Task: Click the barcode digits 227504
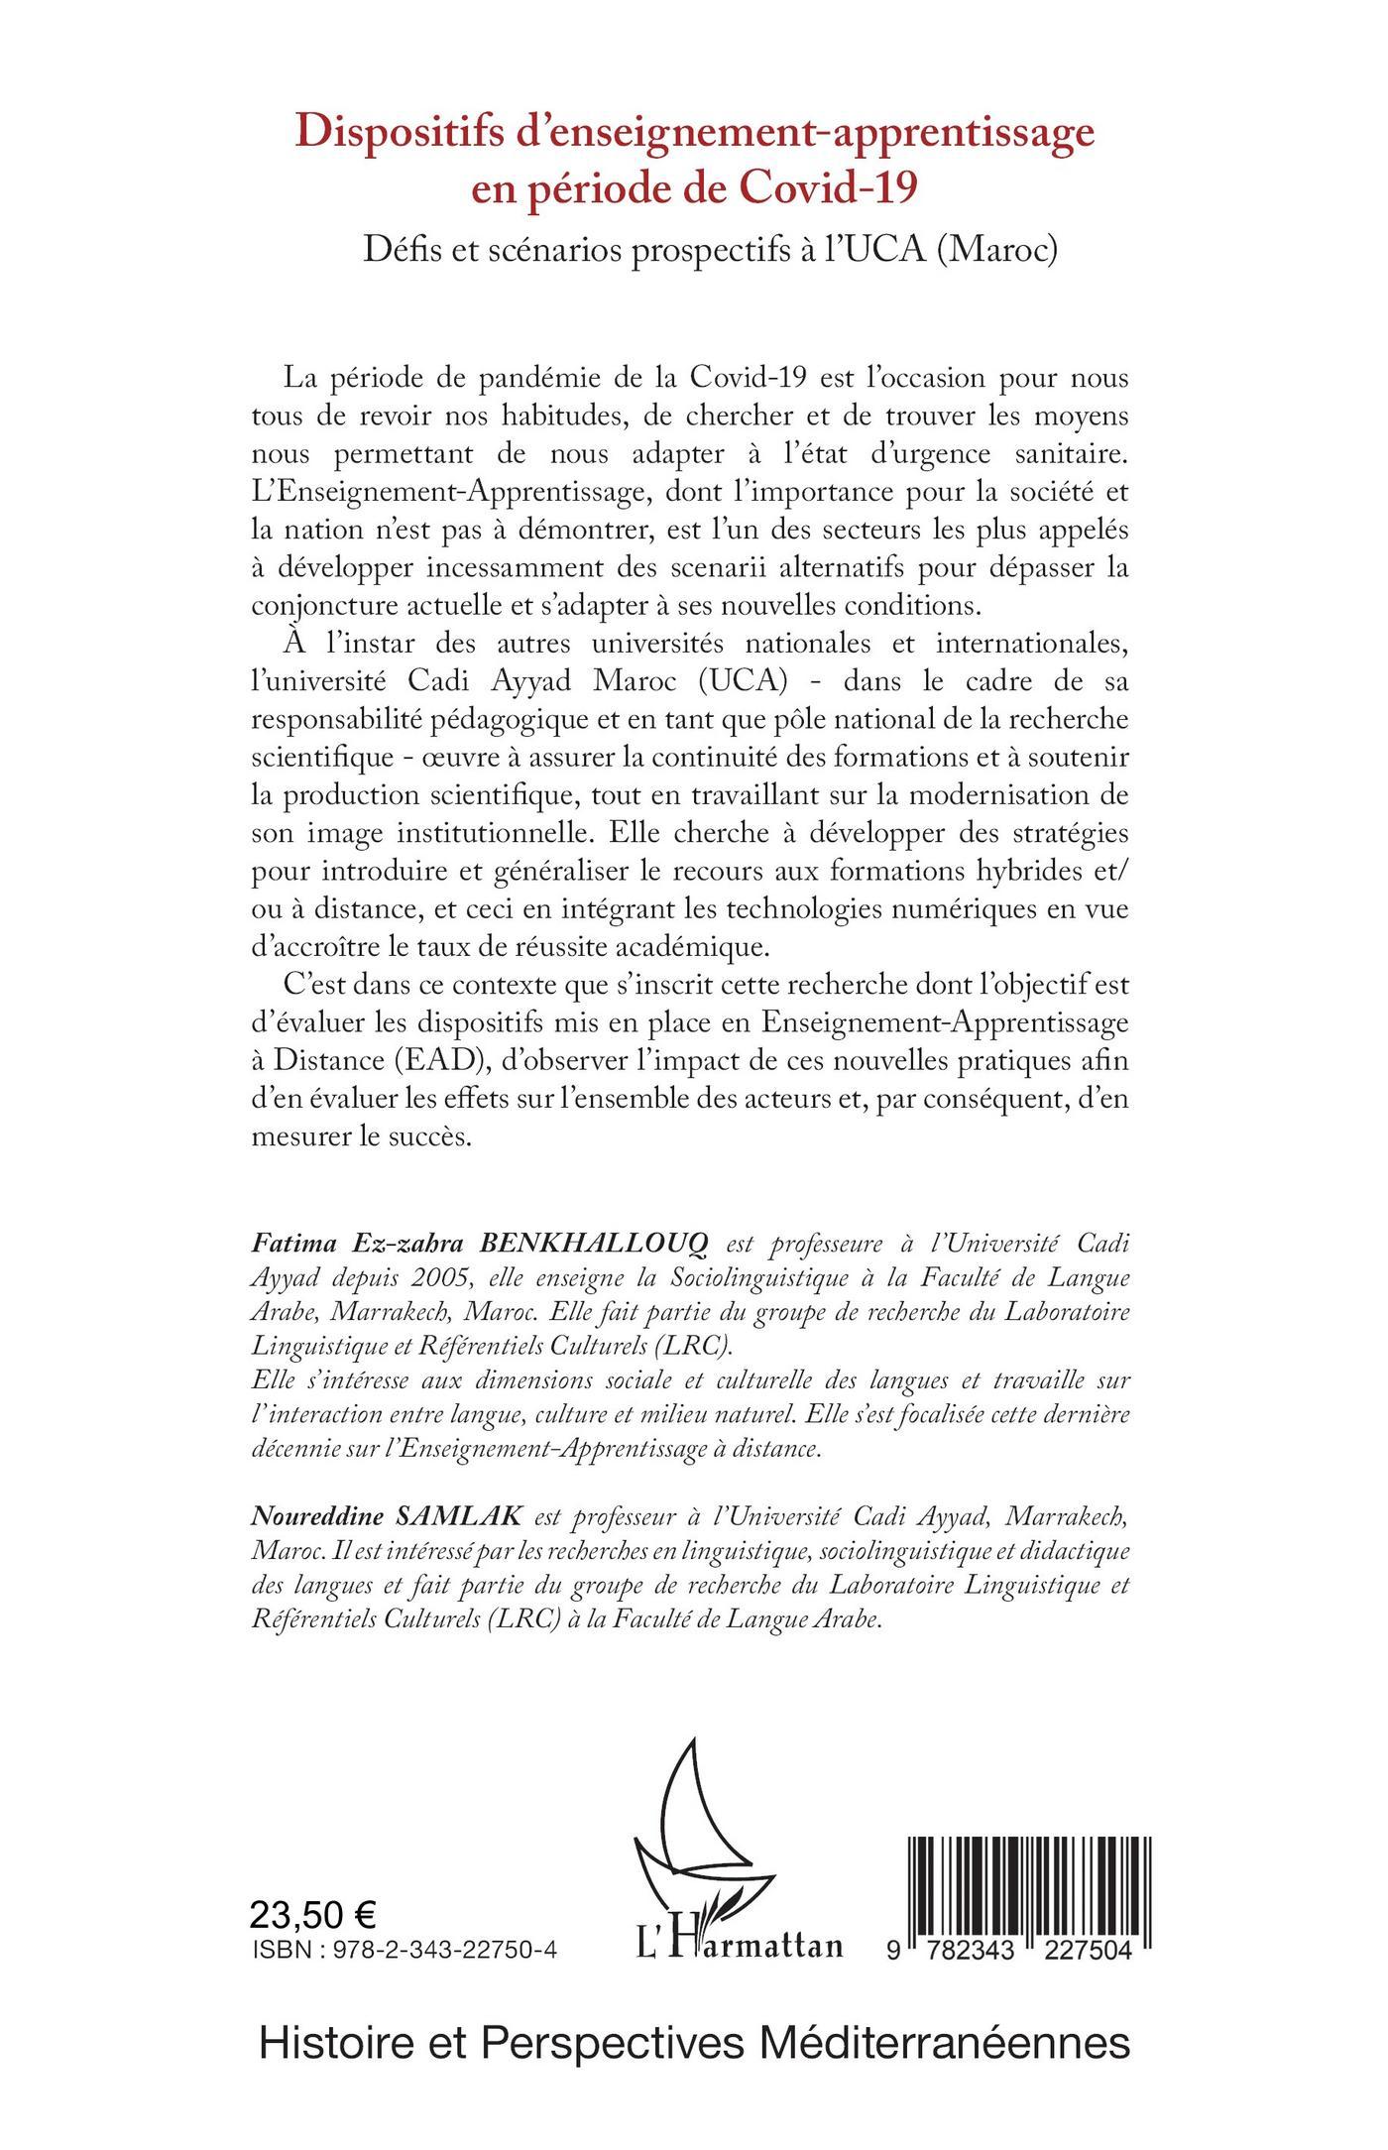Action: tap(1072, 1949)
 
